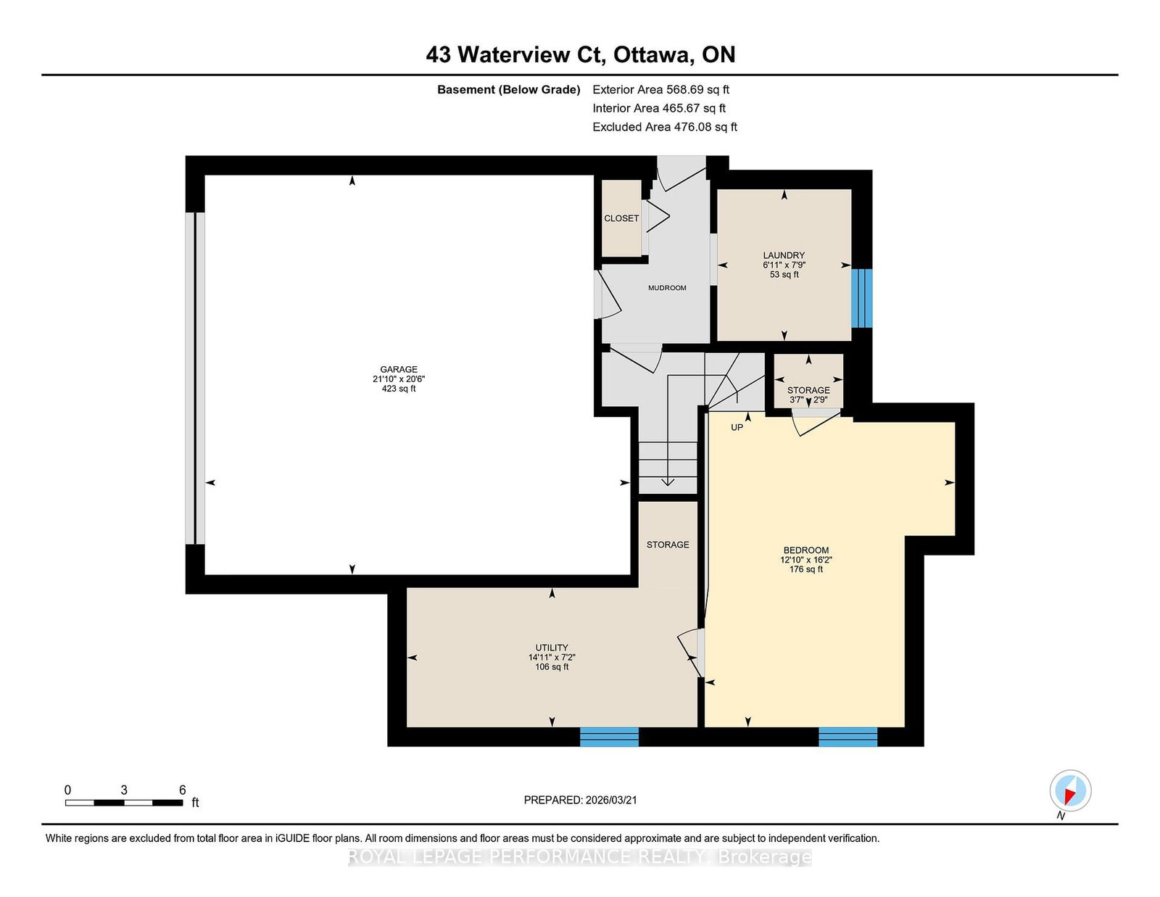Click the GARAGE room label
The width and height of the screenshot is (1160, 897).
coord(398,369)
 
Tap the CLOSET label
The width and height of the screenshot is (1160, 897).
coord(621,218)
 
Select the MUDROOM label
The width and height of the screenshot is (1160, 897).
coord(667,288)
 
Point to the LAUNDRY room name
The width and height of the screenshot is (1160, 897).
coord(784,255)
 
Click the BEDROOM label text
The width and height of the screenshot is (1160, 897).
coord(805,550)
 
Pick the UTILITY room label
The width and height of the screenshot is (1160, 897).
coord(552,648)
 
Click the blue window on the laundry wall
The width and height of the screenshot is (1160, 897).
coord(861,298)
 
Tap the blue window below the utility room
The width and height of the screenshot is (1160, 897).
coord(609,736)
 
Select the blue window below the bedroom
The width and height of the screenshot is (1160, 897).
coord(848,736)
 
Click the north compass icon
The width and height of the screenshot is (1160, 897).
coord(1070,790)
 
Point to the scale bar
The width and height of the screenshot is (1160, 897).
coord(124,803)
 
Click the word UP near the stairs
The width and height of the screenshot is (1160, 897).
coord(737,428)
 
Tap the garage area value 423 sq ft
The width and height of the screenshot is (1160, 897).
coord(398,389)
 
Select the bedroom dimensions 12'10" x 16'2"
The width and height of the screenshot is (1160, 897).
coord(805,560)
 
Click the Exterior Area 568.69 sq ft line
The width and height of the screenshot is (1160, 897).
coord(660,90)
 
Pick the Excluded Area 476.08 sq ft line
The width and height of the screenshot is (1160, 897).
coord(665,127)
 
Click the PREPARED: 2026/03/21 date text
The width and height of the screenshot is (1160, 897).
coord(580,800)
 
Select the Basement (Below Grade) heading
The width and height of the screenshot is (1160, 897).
coord(508,90)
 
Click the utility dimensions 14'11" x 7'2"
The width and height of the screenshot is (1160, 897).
coord(552,657)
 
